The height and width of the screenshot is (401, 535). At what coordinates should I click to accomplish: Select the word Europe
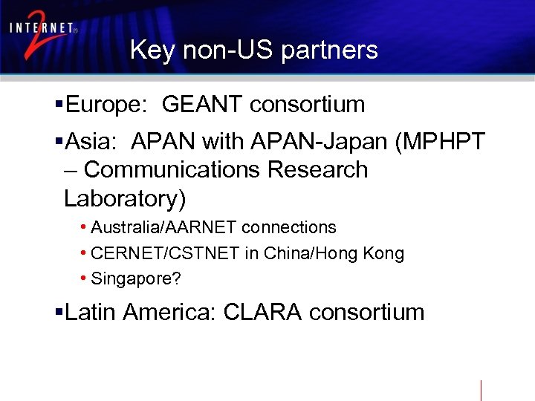pyautogui.click(x=107, y=105)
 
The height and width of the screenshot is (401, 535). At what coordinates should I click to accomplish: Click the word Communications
pyautogui.click(x=173, y=170)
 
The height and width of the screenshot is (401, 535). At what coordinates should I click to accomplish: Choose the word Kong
pyautogui.click(x=383, y=254)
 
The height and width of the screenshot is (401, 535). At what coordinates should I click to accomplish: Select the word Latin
pyautogui.click(x=91, y=313)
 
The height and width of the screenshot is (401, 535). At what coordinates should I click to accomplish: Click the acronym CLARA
pyautogui.click(x=262, y=313)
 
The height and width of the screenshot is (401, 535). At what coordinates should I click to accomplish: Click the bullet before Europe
pyautogui.click(x=59, y=105)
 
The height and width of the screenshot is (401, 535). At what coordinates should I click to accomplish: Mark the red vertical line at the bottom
pyautogui.click(x=481, y=390)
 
